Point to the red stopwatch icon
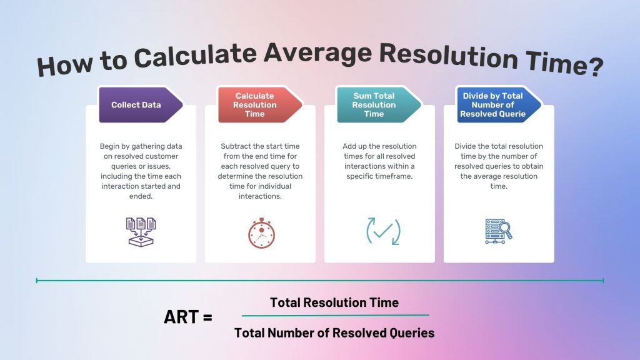(260, 232)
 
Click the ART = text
(187, 317)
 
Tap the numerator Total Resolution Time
(334, 302)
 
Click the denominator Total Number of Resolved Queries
(334, 332)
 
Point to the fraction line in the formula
(335, 315)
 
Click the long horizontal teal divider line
(319, 281)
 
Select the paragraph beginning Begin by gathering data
(141, 171)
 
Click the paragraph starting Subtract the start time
(260, 171)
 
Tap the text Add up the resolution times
(379, 161)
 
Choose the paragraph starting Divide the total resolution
(498, 166)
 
